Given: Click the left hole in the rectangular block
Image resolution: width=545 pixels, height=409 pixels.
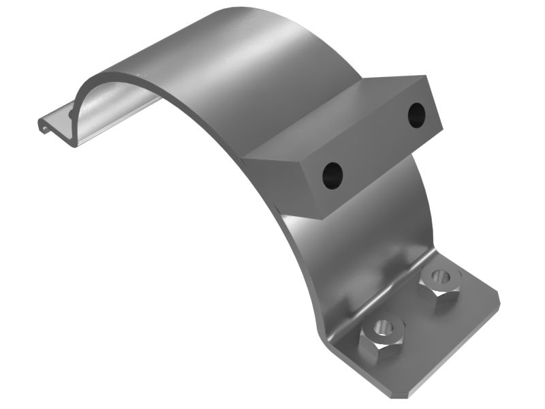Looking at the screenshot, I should point(332,175).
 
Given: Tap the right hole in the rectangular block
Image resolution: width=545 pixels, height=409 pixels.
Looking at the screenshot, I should point(416,115).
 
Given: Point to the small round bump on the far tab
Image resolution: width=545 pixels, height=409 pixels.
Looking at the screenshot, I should point(72,114).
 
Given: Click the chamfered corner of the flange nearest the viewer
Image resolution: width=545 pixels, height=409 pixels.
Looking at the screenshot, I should point(402,394).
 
